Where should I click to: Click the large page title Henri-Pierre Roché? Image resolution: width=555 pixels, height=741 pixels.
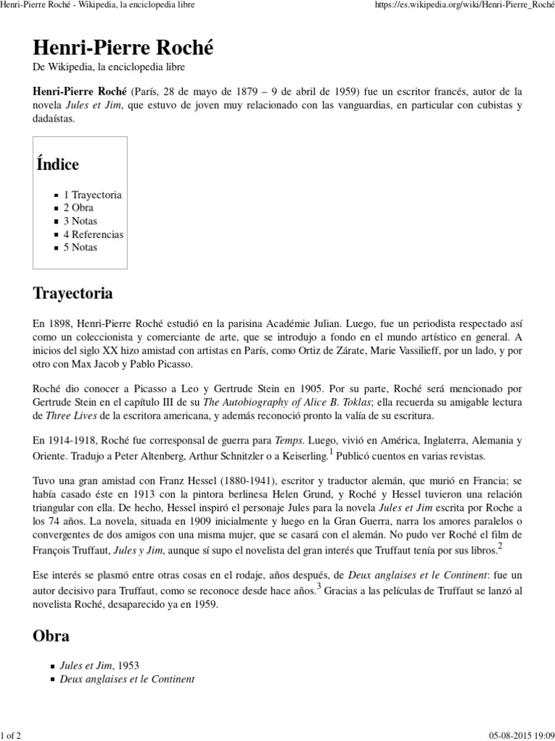click(x=124, y=48)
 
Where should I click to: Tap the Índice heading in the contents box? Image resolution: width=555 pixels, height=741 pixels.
click(x=58, y=164)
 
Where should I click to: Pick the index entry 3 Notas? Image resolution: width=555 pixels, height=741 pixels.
click(x=79, y=221)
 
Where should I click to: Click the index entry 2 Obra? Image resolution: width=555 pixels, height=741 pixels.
click(x=78, y=208)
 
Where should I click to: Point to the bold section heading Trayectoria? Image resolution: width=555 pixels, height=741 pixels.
click(x=73, y=294)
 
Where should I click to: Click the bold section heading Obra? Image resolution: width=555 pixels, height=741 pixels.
click(x=51, y=636)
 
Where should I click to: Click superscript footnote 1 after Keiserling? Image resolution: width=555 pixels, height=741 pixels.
click(x=331, y=452)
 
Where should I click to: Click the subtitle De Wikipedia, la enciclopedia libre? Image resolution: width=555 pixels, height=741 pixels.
click(x=108, y=67)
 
